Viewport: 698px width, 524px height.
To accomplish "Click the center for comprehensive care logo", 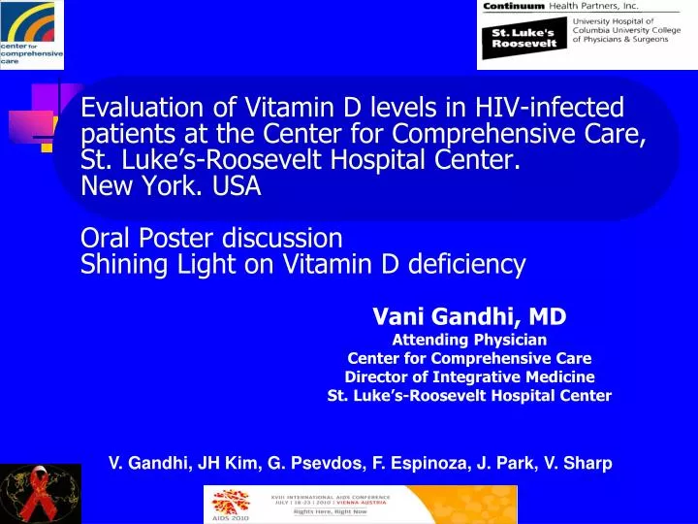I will (31, 34).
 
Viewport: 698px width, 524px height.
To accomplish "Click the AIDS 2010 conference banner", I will (360, 505).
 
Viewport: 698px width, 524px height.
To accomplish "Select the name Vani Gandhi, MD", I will (470, 316).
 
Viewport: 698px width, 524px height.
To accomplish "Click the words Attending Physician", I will (470, 340).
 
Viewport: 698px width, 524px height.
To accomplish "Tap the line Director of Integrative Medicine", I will (470, 377).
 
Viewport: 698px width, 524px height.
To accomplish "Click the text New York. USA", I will (172, 186).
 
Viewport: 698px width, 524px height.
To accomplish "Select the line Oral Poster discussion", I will (211, 237).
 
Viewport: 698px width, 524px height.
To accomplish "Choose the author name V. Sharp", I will (578, 464).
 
